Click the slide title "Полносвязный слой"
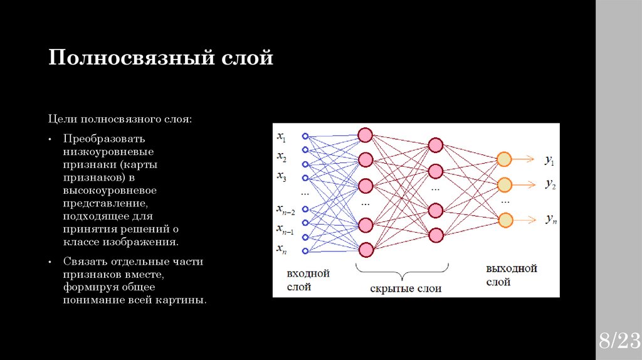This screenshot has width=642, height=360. tap(161, 58)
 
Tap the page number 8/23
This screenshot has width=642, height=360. tap(618, 341)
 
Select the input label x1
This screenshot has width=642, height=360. tap(282, 137)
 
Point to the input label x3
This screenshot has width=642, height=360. tap(282, 177)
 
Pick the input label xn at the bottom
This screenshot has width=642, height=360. tap(282, 248)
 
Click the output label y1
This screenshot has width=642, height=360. tap(550, 161)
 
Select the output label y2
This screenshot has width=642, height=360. tap(550, 184)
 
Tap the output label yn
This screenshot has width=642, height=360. tap(550, 219)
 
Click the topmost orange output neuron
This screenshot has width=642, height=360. tap(505, 159)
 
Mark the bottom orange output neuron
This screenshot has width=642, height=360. tap(505, 220)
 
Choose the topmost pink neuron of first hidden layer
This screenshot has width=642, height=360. tap(366, 135)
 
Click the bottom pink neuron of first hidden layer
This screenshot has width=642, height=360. tap(366, 249)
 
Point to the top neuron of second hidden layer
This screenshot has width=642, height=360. tap(436, 145)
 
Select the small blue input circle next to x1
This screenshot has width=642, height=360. tap(305, 136)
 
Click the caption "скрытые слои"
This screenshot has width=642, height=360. tap(406, 289)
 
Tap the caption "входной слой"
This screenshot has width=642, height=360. tap(308, 280)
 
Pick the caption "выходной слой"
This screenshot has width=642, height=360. tap(512, 275)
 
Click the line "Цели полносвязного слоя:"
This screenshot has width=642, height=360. tap(121, 119)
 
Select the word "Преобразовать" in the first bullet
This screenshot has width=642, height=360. tap(103, 138)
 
